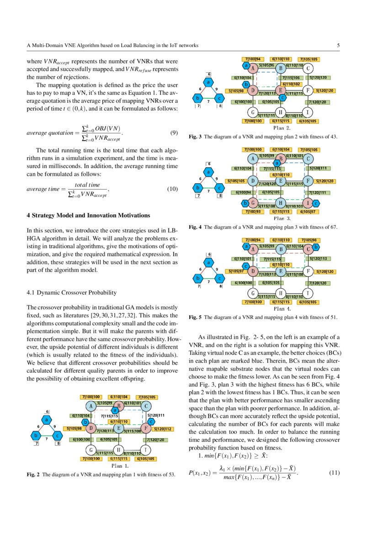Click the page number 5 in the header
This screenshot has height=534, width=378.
338,45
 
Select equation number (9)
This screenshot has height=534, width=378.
174,133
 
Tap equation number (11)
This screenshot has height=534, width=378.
335,472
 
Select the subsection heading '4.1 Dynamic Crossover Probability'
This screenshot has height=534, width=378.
71,292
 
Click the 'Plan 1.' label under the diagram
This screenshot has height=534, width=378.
120,466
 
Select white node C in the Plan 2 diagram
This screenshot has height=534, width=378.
309,69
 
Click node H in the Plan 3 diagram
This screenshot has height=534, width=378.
280,202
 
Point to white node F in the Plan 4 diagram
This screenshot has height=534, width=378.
309,271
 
